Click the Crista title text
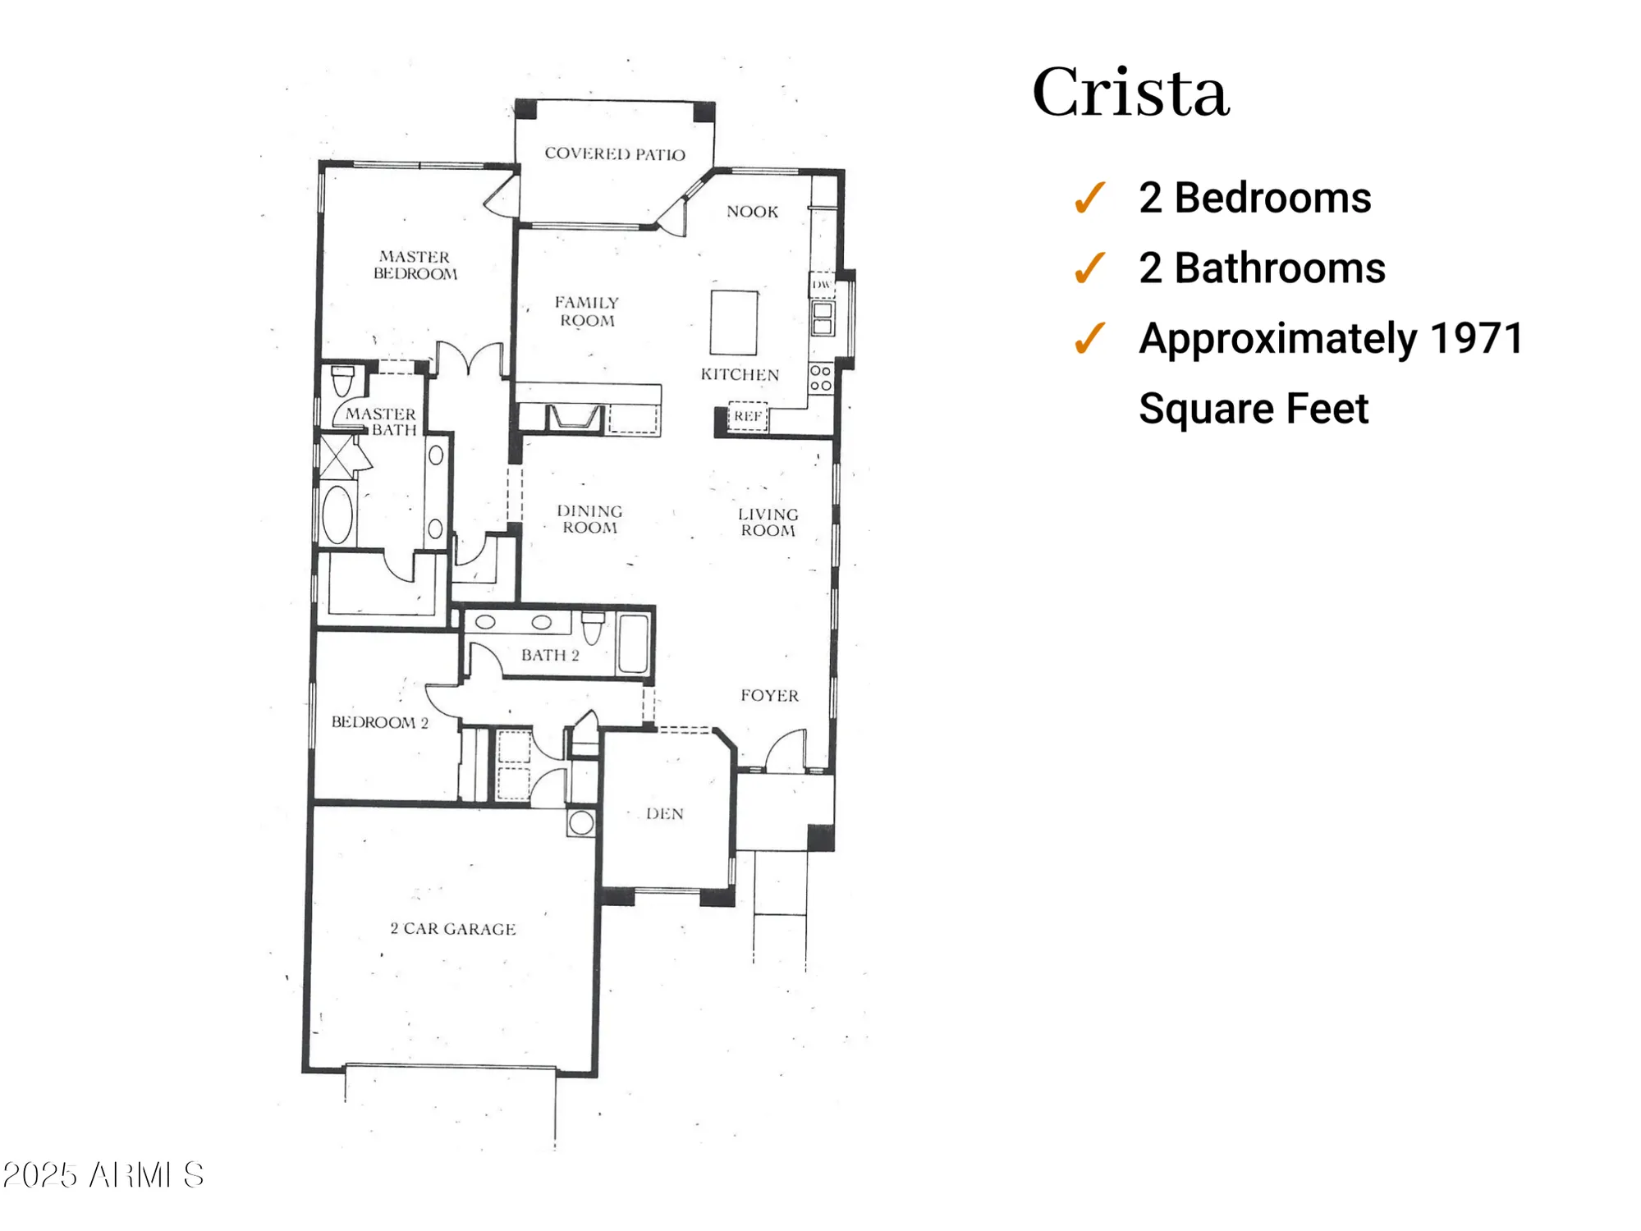tap(1130, 92)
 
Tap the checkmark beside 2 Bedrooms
tap(1090, 198)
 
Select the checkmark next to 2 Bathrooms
tap(1090, 268)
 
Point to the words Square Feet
tap(1253, 409)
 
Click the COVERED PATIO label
tap(614, 154)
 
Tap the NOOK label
tap(752, 212)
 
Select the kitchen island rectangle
tap(733, 323)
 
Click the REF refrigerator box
tap(748, 417)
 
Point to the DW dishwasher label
tap(821, 284)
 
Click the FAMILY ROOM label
tap(587, 312)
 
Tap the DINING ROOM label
tap(589, 519)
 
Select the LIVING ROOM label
tap(768, 522)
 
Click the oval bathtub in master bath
tap(337, 515)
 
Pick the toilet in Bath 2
tap(593, 629)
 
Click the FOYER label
tap(769, 696)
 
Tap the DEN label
tap(664, 814)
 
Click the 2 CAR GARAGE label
tap(453, 929)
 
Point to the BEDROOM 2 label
tap(379, 722)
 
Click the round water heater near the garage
tap(581, 822)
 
